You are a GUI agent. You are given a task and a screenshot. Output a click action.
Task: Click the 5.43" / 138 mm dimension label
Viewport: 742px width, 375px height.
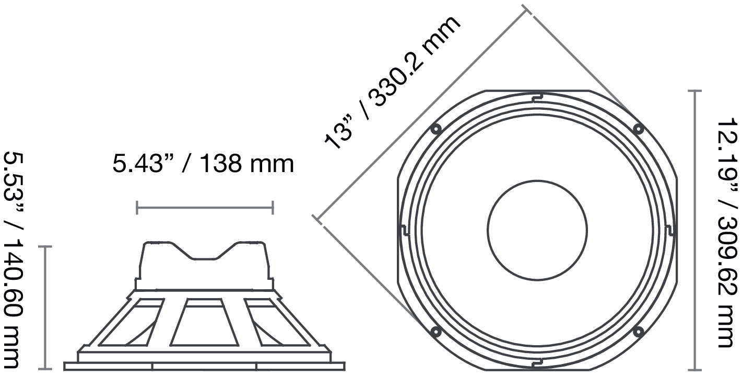203,164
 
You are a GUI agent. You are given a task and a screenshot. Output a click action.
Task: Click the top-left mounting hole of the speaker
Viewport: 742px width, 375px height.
435,129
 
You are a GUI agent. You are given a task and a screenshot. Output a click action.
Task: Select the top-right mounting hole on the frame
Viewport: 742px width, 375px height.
638,129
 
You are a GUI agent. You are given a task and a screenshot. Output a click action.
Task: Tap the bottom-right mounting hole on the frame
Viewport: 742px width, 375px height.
638,331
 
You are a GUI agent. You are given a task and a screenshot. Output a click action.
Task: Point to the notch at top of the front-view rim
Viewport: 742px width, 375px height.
537,97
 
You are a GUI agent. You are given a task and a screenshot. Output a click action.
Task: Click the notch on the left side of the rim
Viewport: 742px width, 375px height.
404,230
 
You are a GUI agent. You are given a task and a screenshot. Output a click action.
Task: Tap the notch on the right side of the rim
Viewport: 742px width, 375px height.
670,230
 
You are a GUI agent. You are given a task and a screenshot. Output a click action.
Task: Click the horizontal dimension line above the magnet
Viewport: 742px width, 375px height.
204,208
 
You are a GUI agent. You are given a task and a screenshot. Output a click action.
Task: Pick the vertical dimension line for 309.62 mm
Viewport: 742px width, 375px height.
694,230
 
